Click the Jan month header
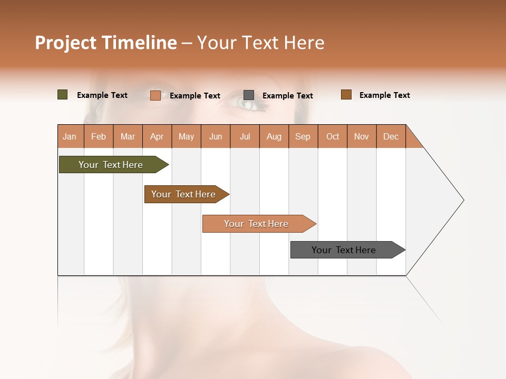pyautogui.click(x=70, y=137)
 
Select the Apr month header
pyautogui.click(x=157, y=137)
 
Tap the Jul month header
pyautogui.click(x=245, y=137)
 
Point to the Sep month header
pyautogui.click(x=303, y=137)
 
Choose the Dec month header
pyautogui.click(x=391, y=137)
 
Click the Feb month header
pyautogui.click(x=99, y=137)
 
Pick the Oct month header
pyautogui.click(x=333, y=137)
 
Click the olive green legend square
pyautogui.click(x=62, y=95)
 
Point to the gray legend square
pyautogui.click(x=249, y=95)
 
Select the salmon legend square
pyautogui.click(x=155, y=95)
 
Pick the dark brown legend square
pyautogui.click(x=346, y=95)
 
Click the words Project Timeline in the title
pyautogui.click(x=106, y=43)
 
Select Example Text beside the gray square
pyautogui.click(x=287, y=96)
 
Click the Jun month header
pyautogui.click(x=216, y=137)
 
